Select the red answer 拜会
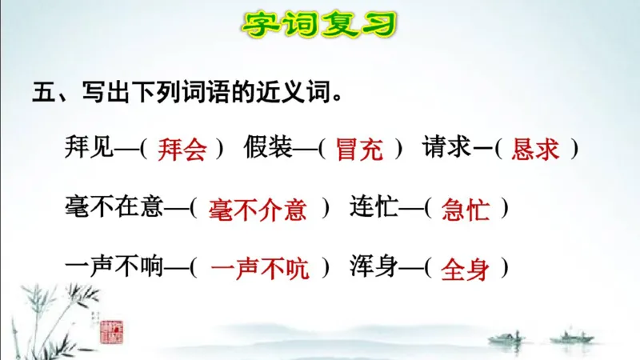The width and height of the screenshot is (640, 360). [182, 150]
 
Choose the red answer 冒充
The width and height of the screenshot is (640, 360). [359, 150]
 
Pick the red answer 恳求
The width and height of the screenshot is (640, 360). [535, 150]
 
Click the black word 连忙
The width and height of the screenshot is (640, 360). [373, 208]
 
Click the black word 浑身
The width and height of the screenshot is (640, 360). [373, 267]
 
